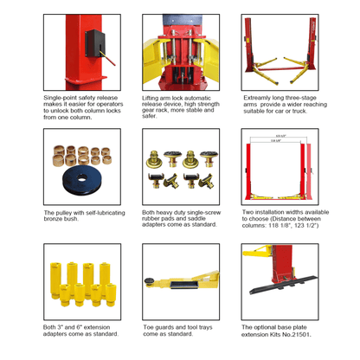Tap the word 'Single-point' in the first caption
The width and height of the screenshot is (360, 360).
tap(61, 99)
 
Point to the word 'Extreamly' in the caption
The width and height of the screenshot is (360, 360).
tap(256, 99)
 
